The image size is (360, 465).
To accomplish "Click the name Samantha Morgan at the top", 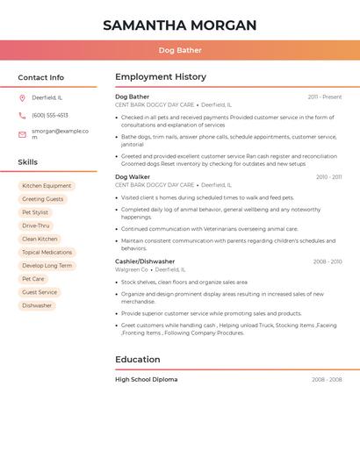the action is (x=180, y=25).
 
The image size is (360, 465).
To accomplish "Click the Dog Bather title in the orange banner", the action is (x=180, y=50).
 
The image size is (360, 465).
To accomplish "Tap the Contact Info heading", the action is (x=40, y=77).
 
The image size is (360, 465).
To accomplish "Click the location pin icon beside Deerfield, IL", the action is (x=22, y=97).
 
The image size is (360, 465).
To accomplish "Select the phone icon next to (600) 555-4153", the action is (x=22, y=115).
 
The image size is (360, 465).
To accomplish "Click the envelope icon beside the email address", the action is (x=22, y=134).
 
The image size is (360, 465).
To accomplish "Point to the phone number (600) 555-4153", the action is (x=50, y=115).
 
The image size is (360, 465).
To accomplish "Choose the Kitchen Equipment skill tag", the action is (x=47, y=186).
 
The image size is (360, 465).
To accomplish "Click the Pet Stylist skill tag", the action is (x=35, y=212).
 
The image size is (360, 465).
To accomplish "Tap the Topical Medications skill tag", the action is (x=47, y=252).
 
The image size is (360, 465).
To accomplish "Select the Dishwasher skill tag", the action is (x=37, y=305).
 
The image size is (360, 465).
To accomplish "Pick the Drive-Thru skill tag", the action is (x=36, y=225).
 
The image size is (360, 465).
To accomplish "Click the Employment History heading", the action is (x=161, y=76).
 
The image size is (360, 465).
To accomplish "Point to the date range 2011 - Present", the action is (x=324, y=97).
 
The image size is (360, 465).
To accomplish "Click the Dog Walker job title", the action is (x=133, y=176).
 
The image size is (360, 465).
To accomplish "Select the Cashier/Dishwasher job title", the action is (x=145, y=261).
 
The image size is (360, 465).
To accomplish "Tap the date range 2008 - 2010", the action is (x=328, y=261).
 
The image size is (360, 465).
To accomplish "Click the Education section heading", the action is (x=138, y=359).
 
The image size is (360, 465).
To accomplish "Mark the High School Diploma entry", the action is (x=146, y=379).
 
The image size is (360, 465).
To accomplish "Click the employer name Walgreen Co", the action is (x=132, y=270).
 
